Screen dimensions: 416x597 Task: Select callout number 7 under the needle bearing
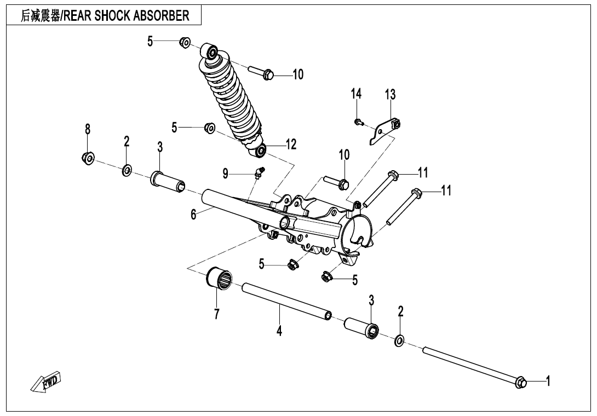coord(217,314)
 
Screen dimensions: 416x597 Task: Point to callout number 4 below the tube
coord(279,331)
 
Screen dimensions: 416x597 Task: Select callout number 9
coord(226,174)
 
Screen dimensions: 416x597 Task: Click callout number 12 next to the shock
coord(290,145)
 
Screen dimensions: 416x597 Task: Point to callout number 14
coord(357,94)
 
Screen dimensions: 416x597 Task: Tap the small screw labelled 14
coord(358,122)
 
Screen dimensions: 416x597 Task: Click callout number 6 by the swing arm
coord(193,214)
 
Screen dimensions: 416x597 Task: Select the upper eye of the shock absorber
coord(211,52)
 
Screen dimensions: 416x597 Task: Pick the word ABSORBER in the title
coord(163,16)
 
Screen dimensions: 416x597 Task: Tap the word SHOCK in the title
coord(112,16)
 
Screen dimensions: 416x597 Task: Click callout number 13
coord(389,95)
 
